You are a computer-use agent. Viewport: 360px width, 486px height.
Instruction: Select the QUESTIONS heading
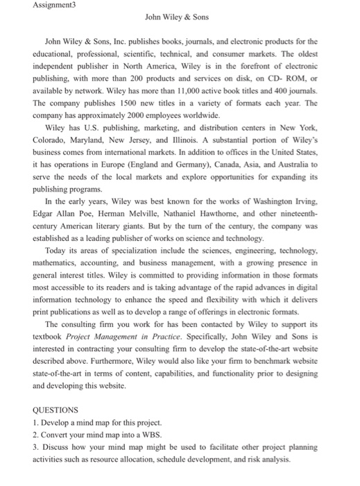[55, 410]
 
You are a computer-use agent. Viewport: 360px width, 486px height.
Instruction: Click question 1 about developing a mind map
[97, 422]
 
